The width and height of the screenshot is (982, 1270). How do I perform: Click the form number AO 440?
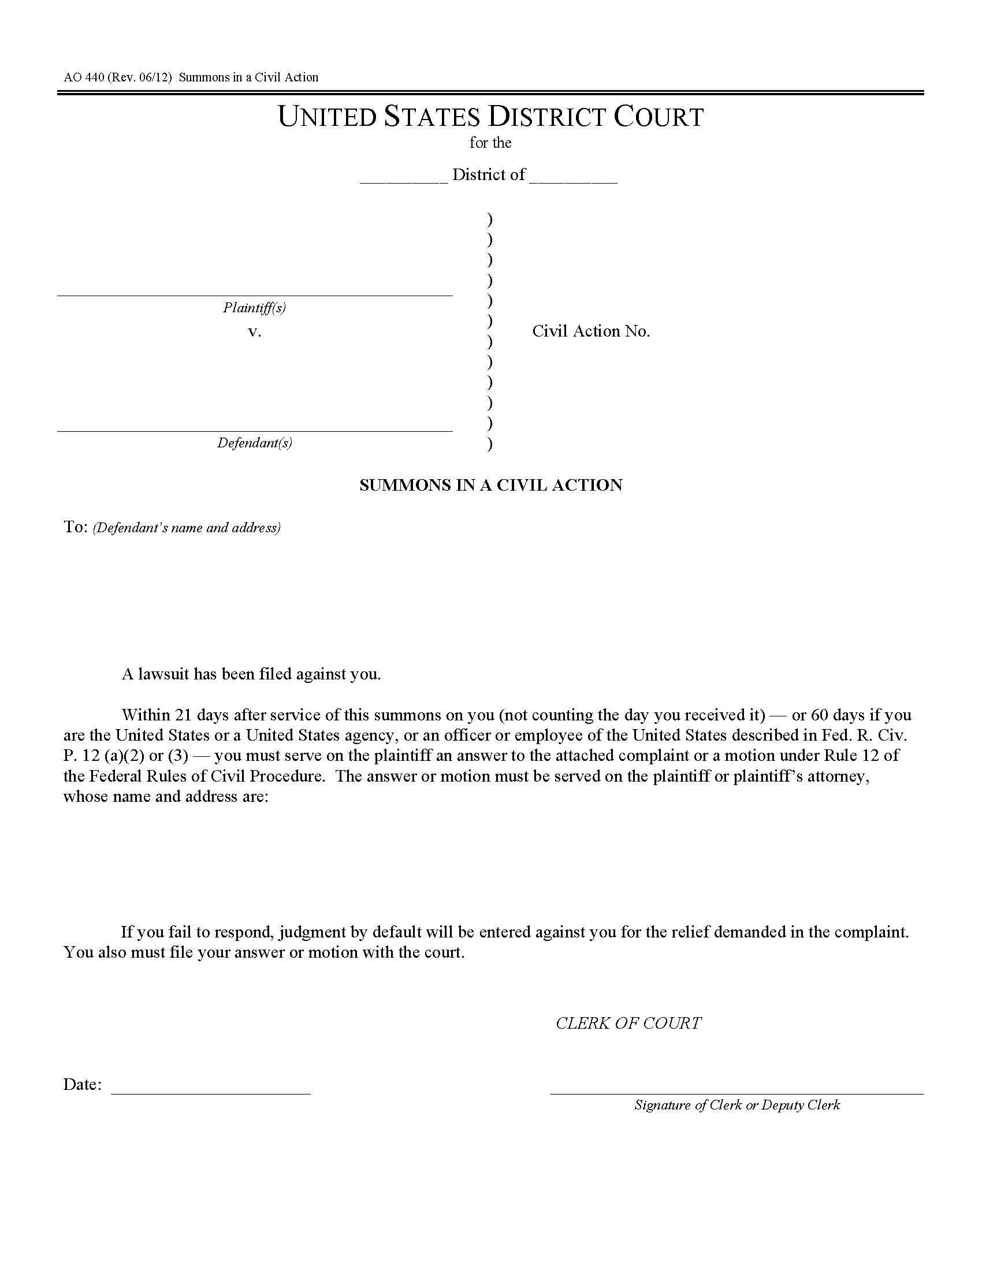(x=84, y=77)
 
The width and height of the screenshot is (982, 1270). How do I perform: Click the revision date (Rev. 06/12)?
(x=140, y=77)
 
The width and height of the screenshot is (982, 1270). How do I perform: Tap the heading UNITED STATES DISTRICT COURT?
(x=490, y=117)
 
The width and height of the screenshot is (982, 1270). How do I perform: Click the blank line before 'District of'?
(x=404, y=181)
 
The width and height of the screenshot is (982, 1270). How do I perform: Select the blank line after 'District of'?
(x=573, y=181)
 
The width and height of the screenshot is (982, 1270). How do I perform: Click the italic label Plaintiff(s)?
(x=254, y=307)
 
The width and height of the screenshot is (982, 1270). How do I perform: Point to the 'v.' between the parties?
(x=254, y=332)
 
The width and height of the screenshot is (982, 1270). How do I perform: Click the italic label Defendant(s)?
(x=254, y=443)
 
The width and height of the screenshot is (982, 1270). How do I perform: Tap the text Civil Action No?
(x=590, y=331)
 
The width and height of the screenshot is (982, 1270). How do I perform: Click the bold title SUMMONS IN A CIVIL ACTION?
(x=490, y=485)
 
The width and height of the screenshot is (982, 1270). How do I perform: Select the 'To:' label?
(x=76, y=527)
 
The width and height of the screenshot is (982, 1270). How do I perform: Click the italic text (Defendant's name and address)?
(x=187, y=528)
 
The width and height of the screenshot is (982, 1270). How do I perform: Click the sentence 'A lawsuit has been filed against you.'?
(x=251, y=674)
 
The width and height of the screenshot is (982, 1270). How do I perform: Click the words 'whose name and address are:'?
(x=166, y=796)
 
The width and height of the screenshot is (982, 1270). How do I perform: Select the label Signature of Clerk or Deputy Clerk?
(x=736, y=1105)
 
